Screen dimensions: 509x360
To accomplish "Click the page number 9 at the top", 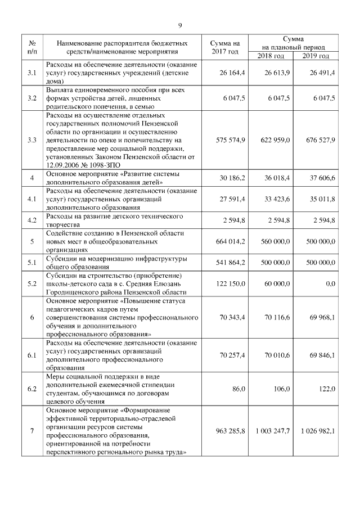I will [x=180, y=25].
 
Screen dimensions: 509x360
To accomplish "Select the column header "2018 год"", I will [x=271, y=56].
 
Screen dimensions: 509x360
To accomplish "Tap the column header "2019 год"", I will [x=315, y=56].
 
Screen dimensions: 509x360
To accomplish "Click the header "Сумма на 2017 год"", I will [x=225, y=47].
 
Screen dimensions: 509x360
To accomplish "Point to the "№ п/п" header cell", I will [x=32, y=47].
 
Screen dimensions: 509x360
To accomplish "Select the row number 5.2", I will [x=32, y=285].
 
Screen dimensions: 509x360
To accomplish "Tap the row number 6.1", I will [x=32, y=356].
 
